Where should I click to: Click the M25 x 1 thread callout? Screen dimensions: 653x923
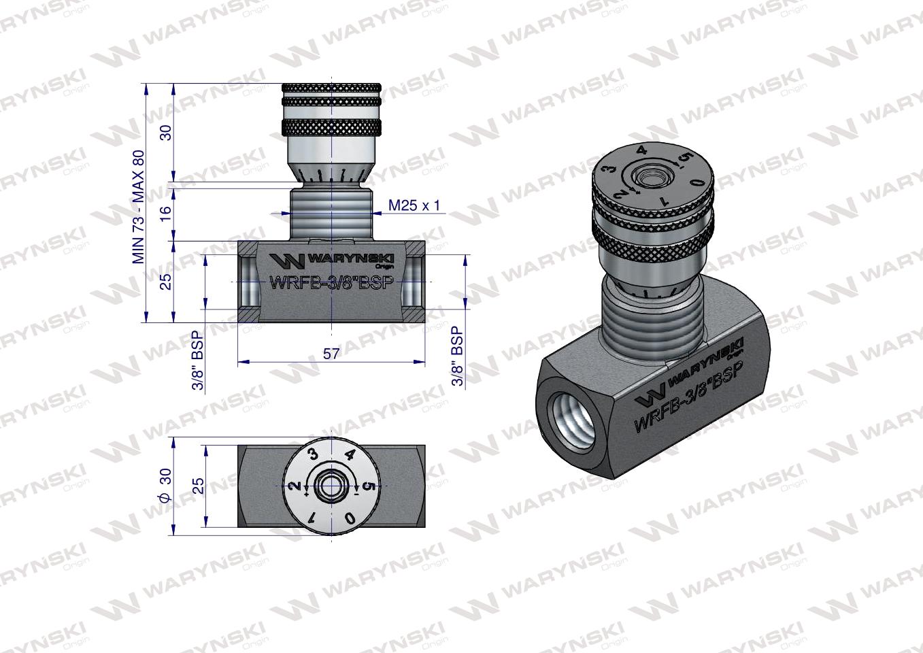(x=414, y=204)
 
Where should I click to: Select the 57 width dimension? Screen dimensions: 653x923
(x=331, y=354)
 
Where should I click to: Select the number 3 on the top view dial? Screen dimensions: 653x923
(x=314, y=455)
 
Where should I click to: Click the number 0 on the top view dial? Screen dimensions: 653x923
(x=350, y=518)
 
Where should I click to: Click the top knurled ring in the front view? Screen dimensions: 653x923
(x=331, y=89)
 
